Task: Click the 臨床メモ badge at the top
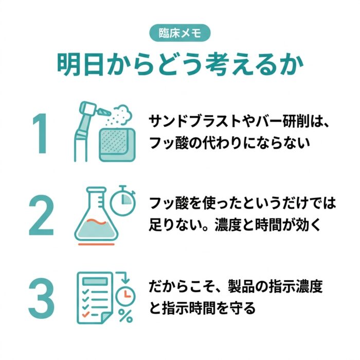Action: (x=180, y=33)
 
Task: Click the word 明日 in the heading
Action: (x=79, y=64)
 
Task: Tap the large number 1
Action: (x=41, y=134)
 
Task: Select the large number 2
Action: (x=41, y=215)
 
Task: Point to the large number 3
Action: (x=41, y=298)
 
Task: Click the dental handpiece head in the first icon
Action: (x=88, y=109)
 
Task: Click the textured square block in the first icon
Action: (x=117, y=145)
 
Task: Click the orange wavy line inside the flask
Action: (x=97, y=221)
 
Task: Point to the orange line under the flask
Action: (x=97, y=244)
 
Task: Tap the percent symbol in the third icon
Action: (x=125, y=316)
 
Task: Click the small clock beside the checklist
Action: (x=125, y=295)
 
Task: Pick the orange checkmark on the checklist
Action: (x=86, y=314)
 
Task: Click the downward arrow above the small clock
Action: (x=123, y=277)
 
